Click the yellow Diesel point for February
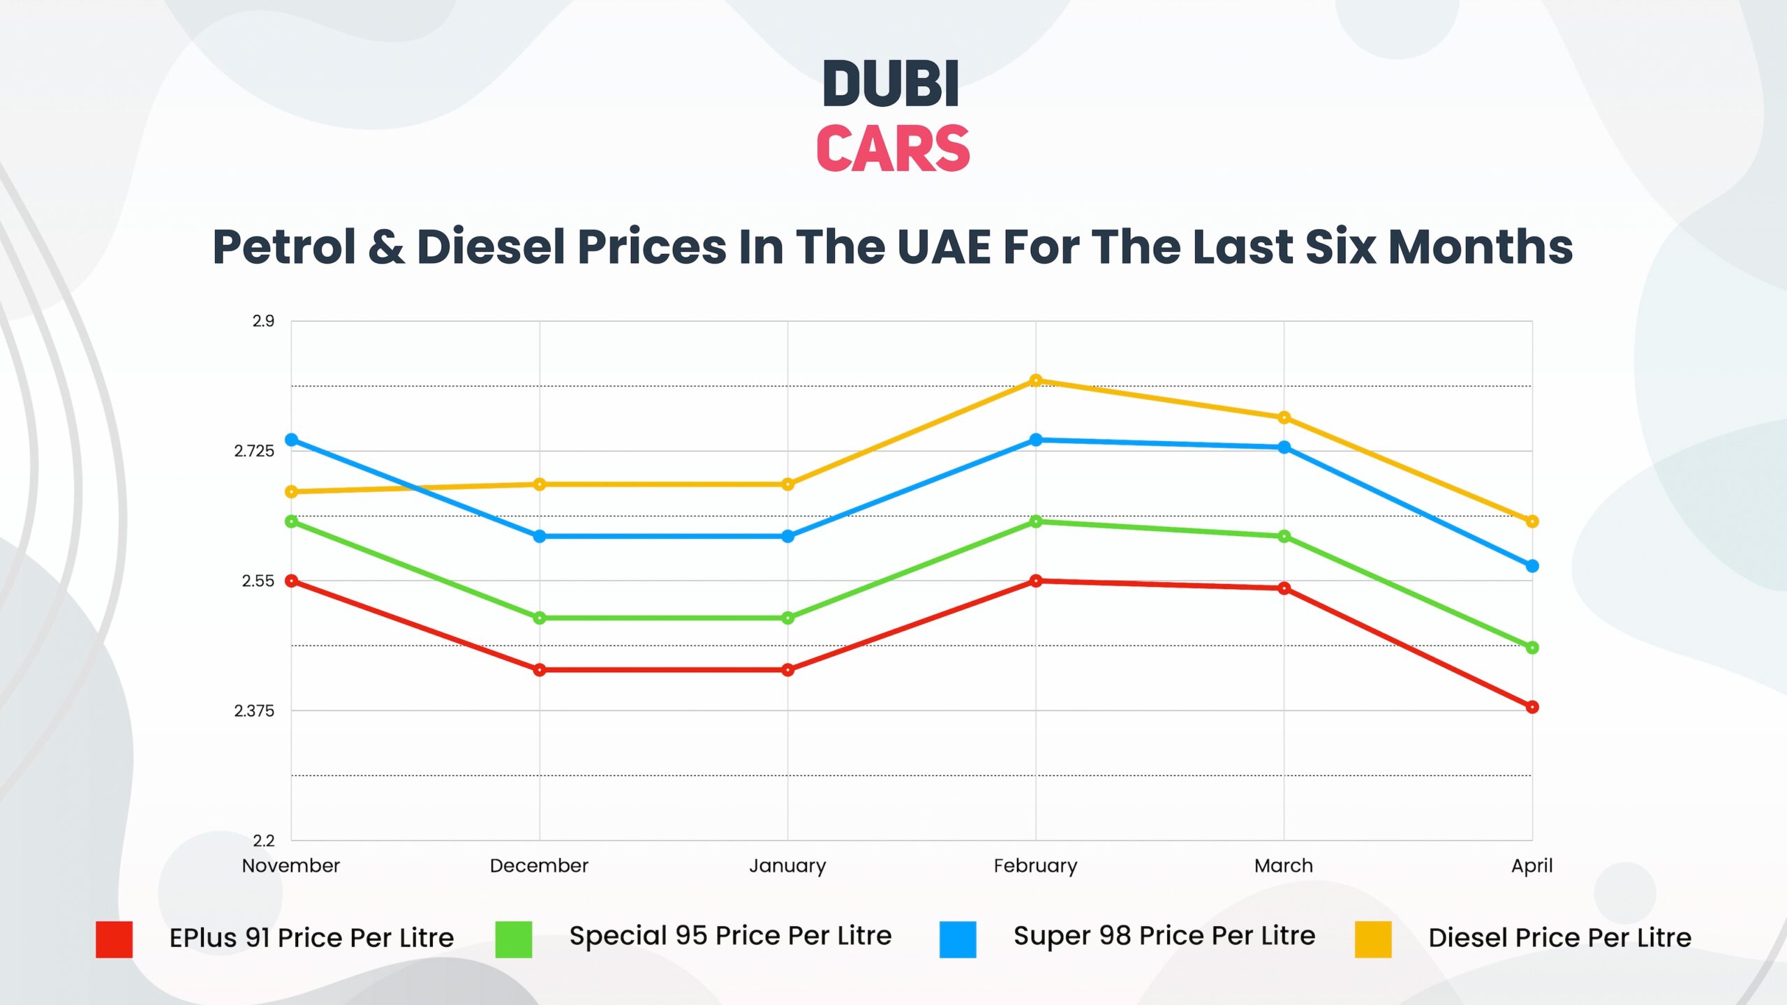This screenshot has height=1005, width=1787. (x=1036, y=380)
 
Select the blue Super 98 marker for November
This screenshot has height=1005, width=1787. (x=292, y=440)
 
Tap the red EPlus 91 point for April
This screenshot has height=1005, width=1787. (x=1532, y=707)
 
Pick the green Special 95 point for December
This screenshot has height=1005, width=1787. (x=540, y=618)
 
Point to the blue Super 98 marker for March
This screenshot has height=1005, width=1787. (x=1284, y=447)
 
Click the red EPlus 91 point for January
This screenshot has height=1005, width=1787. (x=788, y=670)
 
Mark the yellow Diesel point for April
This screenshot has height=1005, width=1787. (x=1532, y=521)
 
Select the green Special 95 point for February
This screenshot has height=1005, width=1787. (x=1036, y=521)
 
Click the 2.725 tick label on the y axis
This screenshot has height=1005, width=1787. (x=254, y=451)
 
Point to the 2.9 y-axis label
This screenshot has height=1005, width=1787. (x=263, y=321)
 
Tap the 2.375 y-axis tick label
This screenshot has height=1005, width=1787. (x=254, y=710)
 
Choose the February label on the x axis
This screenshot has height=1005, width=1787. (x=1035, y=866)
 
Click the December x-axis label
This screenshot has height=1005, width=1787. (x=539, y=866)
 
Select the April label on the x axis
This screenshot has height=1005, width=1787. (x=1532, y=866)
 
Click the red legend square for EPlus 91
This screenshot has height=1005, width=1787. (x=114, y=939)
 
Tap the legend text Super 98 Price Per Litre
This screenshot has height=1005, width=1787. (x=1164, y=936)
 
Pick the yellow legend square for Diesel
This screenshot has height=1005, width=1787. (x=1372, y=939)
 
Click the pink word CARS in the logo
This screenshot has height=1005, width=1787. (x=893, y=149)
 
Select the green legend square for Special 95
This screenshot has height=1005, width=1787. (x=513, y=939)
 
